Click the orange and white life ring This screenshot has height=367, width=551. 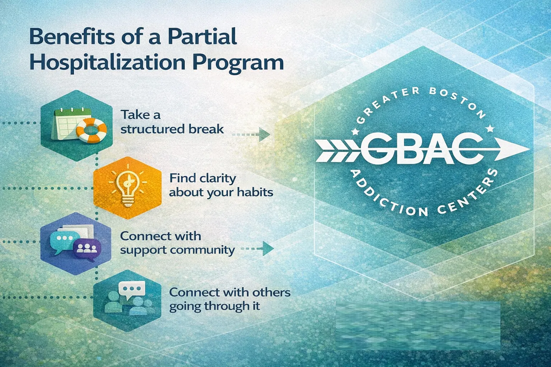[91, 130]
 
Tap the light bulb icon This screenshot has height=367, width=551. [128, 187]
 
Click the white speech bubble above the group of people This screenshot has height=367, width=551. [132, 290]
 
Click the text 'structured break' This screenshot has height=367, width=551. [172, 129]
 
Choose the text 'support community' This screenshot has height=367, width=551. [177, 251]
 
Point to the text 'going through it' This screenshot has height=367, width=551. [215, 306]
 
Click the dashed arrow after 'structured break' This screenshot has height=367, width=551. [251, 134]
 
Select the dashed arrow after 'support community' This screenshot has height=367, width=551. [257, 248]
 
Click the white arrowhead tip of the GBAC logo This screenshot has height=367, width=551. [529, 149]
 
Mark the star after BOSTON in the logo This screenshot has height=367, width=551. [490, 128]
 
